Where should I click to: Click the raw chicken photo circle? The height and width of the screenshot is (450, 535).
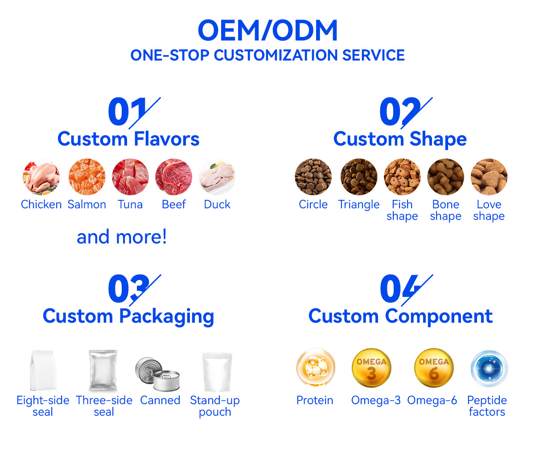pos(41,177)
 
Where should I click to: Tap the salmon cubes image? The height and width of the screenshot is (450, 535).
pos(87,177)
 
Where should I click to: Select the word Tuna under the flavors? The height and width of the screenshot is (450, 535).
pos(130,204)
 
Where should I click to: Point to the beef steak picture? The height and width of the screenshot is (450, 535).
pos(174,177)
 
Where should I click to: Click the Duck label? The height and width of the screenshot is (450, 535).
pos(217,204)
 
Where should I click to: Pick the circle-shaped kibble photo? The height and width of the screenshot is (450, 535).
pos(313,177)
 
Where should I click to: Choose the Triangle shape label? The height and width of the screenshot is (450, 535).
pos(359,205)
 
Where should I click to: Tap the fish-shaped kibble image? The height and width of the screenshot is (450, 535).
pos(402,177)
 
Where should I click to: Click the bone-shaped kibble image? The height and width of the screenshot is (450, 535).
pos(445,177)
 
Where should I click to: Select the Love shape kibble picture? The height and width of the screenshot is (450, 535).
pos(489,177)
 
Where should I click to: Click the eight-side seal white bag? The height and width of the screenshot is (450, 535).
pos(43,370)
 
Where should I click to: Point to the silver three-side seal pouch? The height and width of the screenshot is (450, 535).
pos(103,370)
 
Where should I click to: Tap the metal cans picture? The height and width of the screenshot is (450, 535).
pos(157,374)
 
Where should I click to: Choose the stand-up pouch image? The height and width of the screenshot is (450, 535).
pos(217,372)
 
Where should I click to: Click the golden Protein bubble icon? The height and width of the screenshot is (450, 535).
pos(316,368)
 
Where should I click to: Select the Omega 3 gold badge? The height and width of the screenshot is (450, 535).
pos(371,368)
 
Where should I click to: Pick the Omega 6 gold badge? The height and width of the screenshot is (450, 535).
pos(434,368)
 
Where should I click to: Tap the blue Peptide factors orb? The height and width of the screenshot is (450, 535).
pos(489,369)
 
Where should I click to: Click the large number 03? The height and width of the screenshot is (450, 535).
pos(129,289)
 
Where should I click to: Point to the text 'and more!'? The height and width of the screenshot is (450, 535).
pos(122,237)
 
